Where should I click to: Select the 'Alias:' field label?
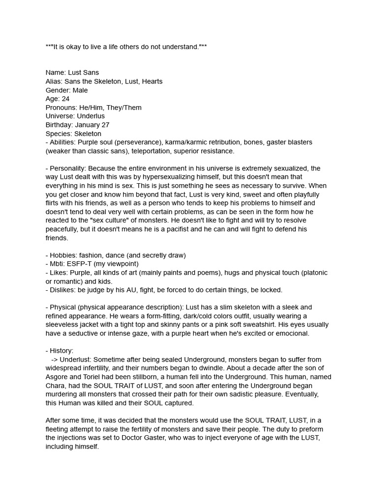(x=54, y=81)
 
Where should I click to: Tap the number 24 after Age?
(x=65, y=99)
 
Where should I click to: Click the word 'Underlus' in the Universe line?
(x=91, y=116)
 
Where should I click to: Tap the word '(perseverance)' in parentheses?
(x=141, y=142)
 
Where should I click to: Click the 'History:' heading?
(x=62, y=351)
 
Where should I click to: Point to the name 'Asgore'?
(x=58, y=377)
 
